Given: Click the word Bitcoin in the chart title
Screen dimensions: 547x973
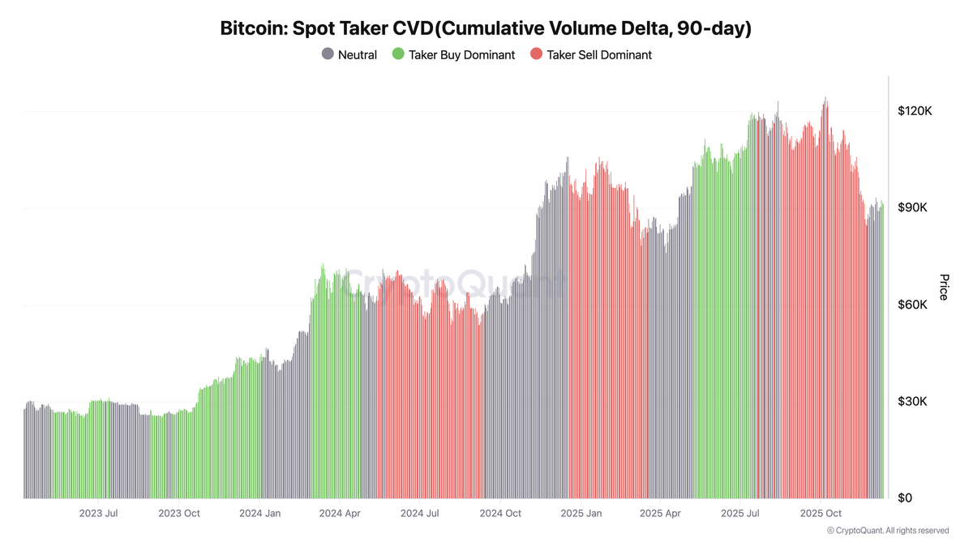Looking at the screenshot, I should tap(254, 28).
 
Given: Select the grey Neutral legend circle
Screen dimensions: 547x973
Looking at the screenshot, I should tap(328, 54).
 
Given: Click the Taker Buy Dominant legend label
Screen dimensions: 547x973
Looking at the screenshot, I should tap(461, 55).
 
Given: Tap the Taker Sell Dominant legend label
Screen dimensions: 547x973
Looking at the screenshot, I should tap(599, 55).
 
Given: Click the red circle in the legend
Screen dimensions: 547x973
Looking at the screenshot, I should tap(536, 54).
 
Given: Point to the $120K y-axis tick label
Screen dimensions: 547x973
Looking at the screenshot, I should tap(915, 111).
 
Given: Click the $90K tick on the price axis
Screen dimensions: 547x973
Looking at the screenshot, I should tap(912, 208).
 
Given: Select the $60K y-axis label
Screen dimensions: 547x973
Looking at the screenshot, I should tap(912, 305).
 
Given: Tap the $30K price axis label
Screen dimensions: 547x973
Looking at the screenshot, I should tap(912, 402).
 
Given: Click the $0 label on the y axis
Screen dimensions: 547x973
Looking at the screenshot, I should tap(905, 498).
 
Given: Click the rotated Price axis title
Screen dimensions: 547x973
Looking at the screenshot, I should tap(944, 288).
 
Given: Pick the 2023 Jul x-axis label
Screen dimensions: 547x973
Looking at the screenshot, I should tap(99, 513).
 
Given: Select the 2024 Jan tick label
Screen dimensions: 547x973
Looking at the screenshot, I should tap(260, 513).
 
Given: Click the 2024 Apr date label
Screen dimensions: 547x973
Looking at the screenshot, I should tap(340, 513).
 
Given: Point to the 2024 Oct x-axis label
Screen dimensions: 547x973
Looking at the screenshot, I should tap(500, 513).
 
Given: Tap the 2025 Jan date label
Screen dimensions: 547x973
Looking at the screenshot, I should tap(581, 513).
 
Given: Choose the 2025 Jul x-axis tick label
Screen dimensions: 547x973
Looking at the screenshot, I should tap(740, 513).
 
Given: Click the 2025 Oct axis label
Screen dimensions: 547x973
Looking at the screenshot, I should tap(821, 513).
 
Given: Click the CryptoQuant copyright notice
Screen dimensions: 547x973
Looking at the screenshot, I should tap(887, 531).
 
